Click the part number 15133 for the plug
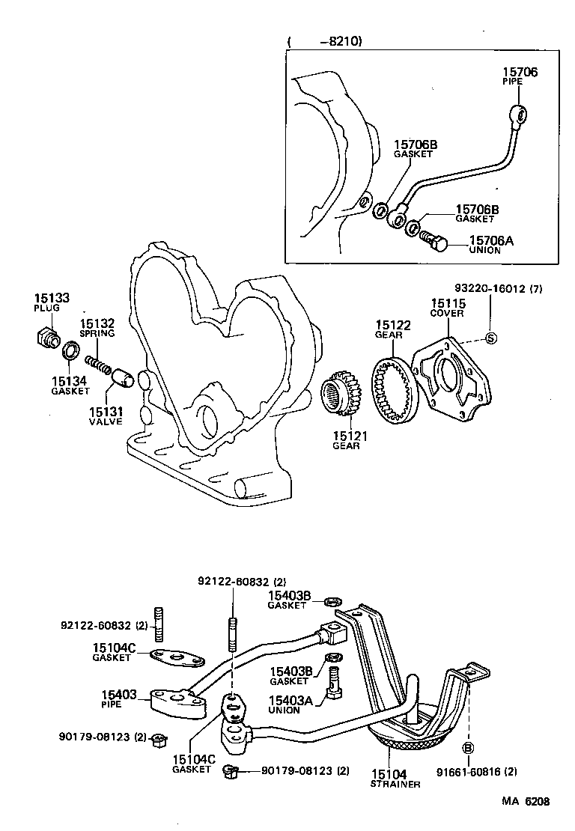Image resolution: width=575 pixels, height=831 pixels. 51,298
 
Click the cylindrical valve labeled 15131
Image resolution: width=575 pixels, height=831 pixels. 123,377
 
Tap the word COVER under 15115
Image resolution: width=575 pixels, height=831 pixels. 446,314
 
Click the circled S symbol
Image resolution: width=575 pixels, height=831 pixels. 491,338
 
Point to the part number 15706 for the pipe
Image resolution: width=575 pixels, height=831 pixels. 519,73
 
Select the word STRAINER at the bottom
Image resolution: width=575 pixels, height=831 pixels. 395,785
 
